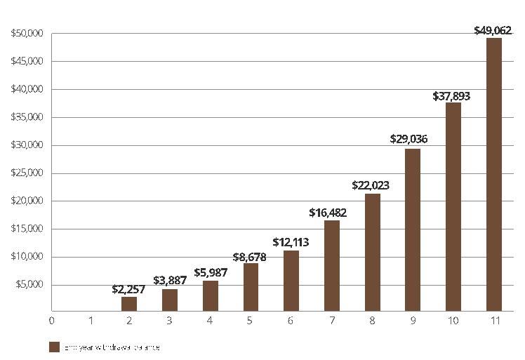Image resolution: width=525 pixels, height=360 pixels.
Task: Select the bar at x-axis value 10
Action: [453, 206]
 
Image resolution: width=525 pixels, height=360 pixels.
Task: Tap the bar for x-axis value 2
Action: [129, 304]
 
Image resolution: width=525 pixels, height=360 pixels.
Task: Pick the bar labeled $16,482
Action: [332, 265]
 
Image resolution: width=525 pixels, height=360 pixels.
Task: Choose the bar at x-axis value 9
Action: [413, 229]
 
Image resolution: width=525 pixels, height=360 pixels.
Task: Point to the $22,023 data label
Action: [371, 186]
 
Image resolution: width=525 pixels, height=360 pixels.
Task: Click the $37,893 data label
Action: [451, 96]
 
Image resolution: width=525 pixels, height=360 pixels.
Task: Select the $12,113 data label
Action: [290, 243]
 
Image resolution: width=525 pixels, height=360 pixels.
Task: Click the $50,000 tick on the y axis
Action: [27, 34]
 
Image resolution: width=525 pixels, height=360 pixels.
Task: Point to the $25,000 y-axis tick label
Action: [27, 173]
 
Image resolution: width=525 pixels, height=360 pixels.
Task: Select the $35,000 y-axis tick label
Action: [27, 117]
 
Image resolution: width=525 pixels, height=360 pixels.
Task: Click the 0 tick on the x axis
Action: [51, 321]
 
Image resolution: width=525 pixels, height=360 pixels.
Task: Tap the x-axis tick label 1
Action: [91, 321]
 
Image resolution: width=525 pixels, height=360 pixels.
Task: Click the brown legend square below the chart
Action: [54, 347]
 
